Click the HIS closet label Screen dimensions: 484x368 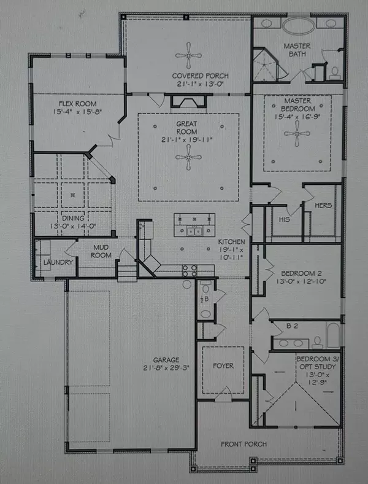tap(284, 219)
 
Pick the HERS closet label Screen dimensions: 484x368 tap(322, 206)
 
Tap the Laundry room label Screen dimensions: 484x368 tap(58, 263)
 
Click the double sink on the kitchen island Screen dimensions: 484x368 tap(195, 232)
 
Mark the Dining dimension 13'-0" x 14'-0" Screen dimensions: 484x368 tap(73, 224)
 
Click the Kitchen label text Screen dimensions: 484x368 tap(232, 242)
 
